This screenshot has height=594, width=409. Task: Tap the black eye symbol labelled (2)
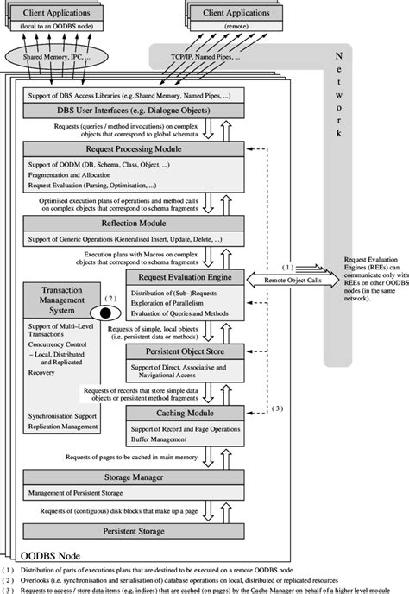pyautogui.click(x=110, y=313)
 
